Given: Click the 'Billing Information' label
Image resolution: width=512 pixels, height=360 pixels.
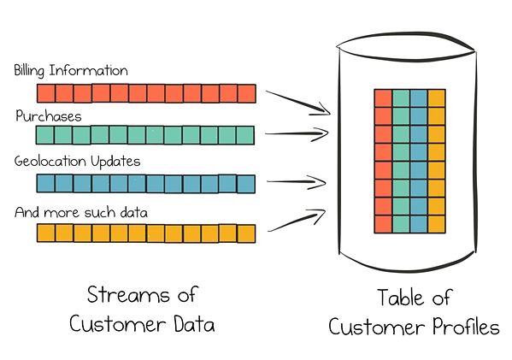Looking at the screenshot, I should [x=71, y=70].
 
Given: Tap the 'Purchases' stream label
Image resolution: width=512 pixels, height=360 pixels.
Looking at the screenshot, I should [x=48, y=115].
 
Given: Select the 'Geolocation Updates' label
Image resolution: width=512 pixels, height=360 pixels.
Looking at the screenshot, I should [x=77, y=161].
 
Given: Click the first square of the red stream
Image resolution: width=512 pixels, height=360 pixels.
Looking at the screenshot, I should [x=44, y=92].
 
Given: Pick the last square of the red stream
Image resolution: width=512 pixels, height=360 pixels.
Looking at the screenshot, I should [x=246, y=92].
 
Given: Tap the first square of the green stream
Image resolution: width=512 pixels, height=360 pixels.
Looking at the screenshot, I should [x=44, y=136].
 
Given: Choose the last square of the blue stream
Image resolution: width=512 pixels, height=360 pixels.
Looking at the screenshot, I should [x=246, y=184].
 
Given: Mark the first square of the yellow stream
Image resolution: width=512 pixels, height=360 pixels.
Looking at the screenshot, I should [x=44, y=233].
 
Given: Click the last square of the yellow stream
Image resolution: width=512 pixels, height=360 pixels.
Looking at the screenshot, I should [x=246, y=233].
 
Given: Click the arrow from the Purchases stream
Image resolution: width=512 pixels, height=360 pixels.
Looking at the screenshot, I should [x=297, y=133].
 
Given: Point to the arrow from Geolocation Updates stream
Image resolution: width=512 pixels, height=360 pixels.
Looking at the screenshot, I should [x=297, y=181].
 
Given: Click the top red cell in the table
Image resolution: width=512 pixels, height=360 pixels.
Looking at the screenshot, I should [x=383, y=98].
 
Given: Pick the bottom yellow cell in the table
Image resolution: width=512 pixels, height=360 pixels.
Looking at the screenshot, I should [x=437, y=223].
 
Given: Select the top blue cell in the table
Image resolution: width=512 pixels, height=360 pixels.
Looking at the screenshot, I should [x=419, y=98].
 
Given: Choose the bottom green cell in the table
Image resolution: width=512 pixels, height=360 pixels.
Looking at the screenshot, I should [x=401, y=223].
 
